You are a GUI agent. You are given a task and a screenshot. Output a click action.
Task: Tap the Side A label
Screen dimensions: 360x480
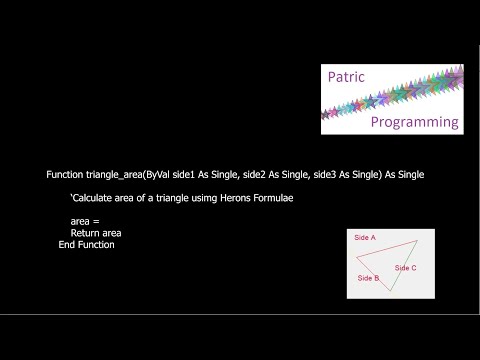point(365,238)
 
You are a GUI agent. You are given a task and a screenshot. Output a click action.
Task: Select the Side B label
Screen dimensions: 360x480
point(368,277)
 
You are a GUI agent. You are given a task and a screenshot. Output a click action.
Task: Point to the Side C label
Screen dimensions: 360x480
point(406,268)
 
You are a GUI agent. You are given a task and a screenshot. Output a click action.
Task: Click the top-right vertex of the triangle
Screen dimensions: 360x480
point(417,240)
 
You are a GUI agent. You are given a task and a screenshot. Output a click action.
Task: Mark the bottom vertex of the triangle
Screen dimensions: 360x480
point(390,291)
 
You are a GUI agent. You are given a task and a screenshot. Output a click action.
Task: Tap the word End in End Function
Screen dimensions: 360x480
point(68,245)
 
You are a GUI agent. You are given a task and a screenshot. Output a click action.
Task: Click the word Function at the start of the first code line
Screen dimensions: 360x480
point(65,174)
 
